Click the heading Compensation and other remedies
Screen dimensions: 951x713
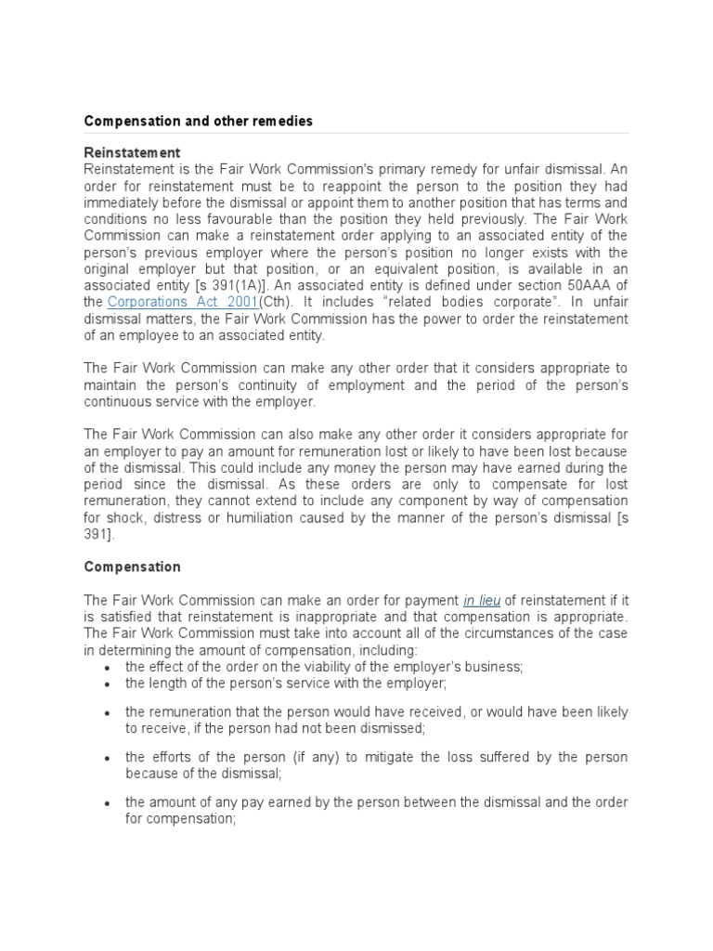198,121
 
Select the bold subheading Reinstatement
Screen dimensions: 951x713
132,152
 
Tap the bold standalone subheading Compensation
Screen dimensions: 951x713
132,567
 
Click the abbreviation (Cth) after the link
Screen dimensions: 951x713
276,302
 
